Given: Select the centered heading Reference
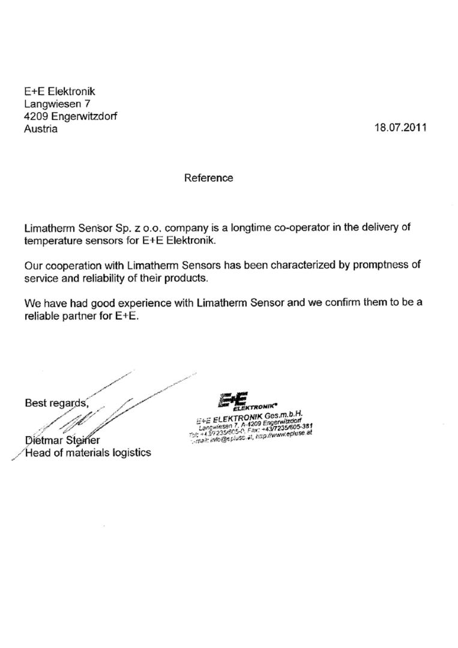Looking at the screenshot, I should tap(208, 178).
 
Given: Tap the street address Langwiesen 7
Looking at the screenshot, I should tap(57, 104).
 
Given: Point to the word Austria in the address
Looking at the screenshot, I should tap(41, 129).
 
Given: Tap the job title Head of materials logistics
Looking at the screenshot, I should tap(88, 452).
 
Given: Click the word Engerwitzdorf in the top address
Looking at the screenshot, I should tap(84, 116).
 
